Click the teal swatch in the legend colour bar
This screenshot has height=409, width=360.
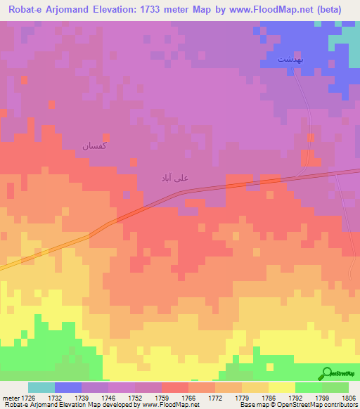point(41,387)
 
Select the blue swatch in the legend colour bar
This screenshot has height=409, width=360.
point(68,387)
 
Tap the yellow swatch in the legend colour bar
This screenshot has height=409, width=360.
point(281,387)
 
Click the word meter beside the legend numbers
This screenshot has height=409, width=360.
point(13,397)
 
